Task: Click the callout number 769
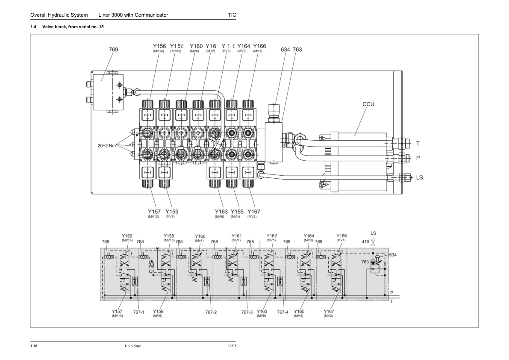[113, 50]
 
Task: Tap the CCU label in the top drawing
[368, 104]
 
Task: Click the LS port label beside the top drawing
[419, 177]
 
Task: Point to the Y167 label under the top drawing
[253, 211]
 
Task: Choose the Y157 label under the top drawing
[154, 211]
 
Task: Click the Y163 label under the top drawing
[221, 211]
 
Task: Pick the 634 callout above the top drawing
[285, 50]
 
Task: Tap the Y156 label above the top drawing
[159, 46]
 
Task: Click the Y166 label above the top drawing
[259, 46]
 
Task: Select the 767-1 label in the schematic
[138, 312]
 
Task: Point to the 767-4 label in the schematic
[282, 312]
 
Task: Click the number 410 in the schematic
[365, 242]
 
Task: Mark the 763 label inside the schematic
[365, 262]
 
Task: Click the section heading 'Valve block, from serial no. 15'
[73, 27]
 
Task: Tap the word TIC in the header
[232, 15]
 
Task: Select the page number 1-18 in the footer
[34, 345]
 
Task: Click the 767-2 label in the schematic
[211, 312]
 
